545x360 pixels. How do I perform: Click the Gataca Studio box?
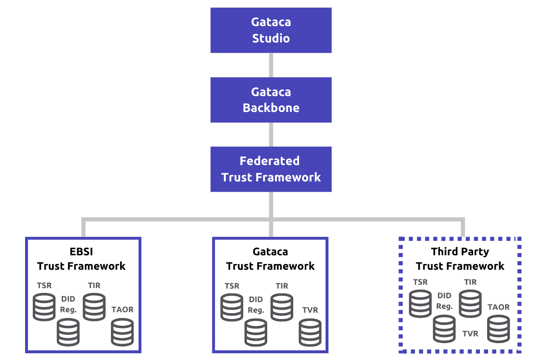click(x=271, y=30)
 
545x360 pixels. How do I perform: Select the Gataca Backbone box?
click(x=271, y=100)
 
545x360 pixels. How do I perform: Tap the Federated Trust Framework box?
click(x=271, y=169)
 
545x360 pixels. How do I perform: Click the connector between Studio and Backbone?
click(x=271, y=65)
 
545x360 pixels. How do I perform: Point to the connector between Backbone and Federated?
click(x=271, y=134)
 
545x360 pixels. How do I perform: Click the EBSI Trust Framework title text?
click(x=82, y=259)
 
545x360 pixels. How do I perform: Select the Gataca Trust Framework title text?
click(x=270, y=259)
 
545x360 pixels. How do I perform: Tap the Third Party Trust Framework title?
click(x=460, y=259)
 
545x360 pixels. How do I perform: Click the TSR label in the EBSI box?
click(x=44, y=285)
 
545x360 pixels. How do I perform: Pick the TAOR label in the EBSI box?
click(x=122, y=309)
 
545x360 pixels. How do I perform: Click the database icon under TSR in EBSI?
click(x=44, y=307)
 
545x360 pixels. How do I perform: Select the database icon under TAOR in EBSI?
click(x=122, y=332)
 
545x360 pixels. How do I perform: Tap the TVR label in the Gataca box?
click(x=310, y=310)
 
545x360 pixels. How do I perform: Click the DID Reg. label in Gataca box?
click(x=256, y=305)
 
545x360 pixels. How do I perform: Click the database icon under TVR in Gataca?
click(x=310, y=332)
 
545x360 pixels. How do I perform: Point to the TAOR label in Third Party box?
click(x=498, y=307)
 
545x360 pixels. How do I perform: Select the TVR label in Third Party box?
click(x=470, y=333)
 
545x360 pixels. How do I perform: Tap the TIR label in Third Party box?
click(x=470, y=282)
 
